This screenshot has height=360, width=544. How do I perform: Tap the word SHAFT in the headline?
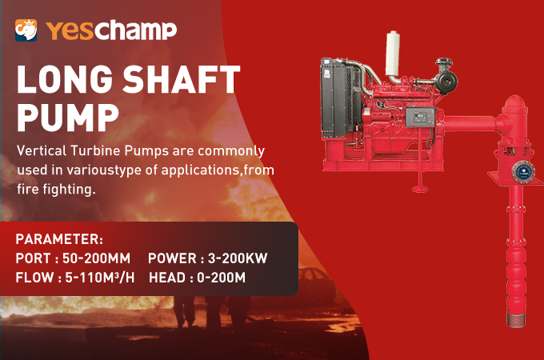(172, 82)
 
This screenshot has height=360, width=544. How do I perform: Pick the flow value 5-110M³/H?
(93, 278)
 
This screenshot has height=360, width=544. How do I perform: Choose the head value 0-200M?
(218, 278)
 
